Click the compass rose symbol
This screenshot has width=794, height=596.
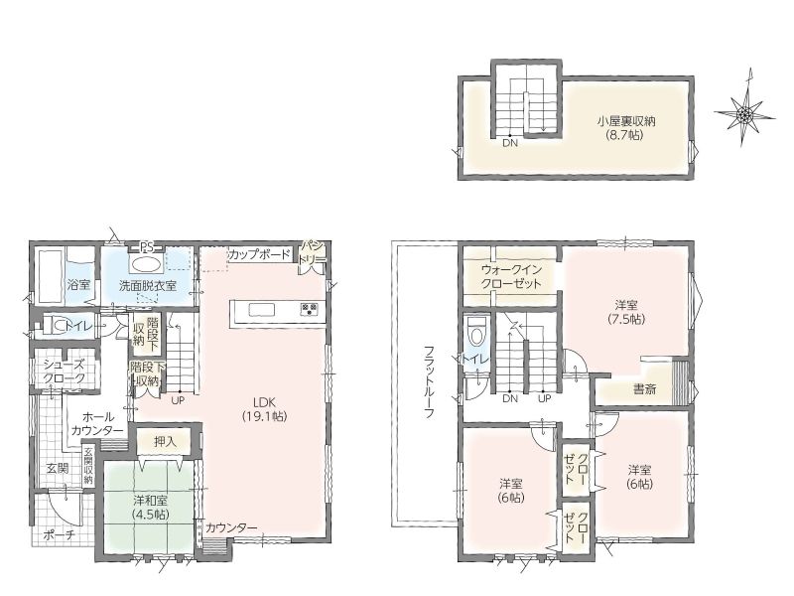tap(744, 114)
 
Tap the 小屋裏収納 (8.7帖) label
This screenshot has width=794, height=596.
tap(626, 128)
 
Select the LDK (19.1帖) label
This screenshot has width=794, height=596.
tap(264, 409)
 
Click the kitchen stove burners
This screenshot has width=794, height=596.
tap(309, 309)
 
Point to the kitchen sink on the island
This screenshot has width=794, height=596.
tap(261, 309)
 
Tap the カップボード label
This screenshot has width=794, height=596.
tap(259, 254)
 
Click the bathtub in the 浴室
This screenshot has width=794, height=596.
tap(48, 275)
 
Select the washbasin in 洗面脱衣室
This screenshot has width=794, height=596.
tap(146, 264)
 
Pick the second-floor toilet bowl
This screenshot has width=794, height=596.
tap(477, 331)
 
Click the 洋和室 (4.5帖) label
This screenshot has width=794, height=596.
tap(151, 507)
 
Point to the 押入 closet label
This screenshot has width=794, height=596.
tap(165, 442)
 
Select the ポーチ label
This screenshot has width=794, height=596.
tap(60, 534)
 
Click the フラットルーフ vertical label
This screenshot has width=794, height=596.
tap(429, 381)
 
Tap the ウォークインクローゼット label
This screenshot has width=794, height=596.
tap(511, 277)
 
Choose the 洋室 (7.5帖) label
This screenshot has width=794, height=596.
tap(626, 312)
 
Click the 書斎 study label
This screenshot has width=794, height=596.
tap(644, 389)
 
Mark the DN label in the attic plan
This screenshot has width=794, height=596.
tap(510, 143)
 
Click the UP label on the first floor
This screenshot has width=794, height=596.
tap(178, 400)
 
